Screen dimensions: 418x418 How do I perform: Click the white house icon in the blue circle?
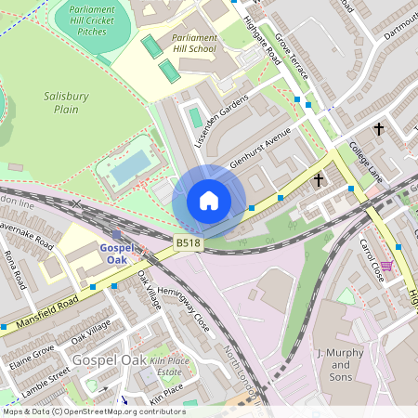[x=209, y=201]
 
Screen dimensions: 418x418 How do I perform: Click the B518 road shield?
[x=188, y=243]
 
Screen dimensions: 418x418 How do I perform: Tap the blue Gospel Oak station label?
[x=119, y=254]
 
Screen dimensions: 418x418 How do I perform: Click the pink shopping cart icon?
[x=387, y=266]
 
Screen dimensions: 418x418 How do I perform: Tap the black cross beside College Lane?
[x=319, y=179]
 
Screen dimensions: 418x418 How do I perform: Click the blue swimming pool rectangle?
[x=130, y=168]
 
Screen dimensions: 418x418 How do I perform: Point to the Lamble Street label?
[x=46, y=381]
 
